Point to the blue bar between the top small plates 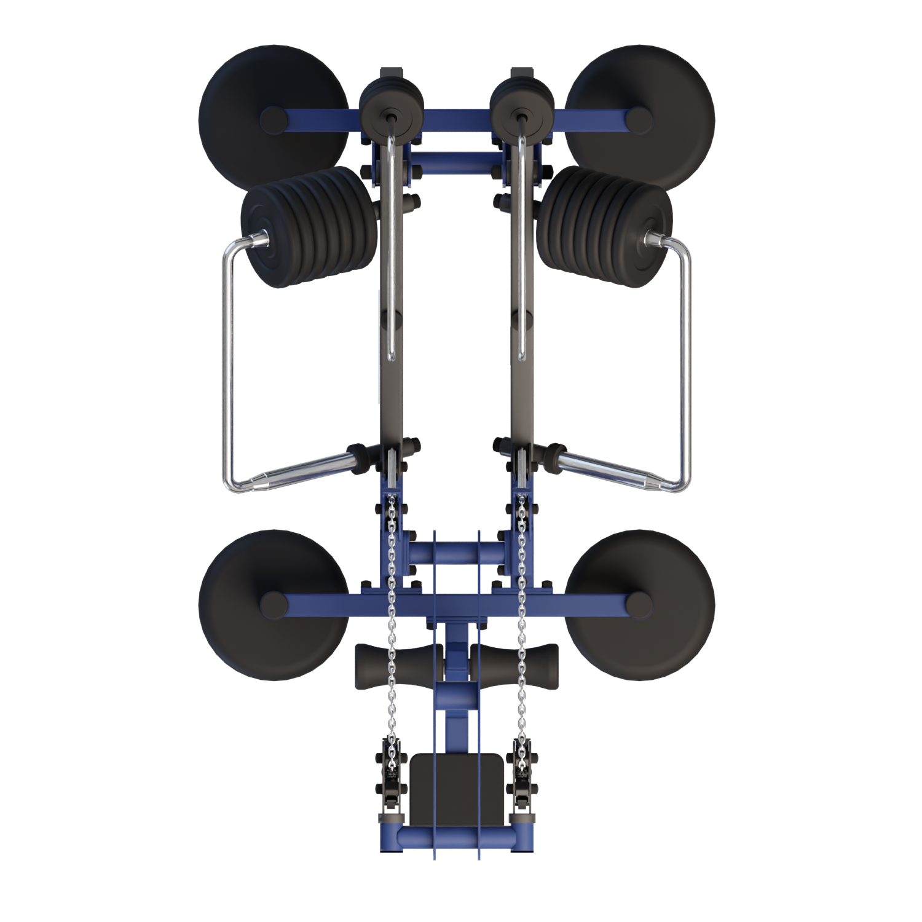[456, 117]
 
